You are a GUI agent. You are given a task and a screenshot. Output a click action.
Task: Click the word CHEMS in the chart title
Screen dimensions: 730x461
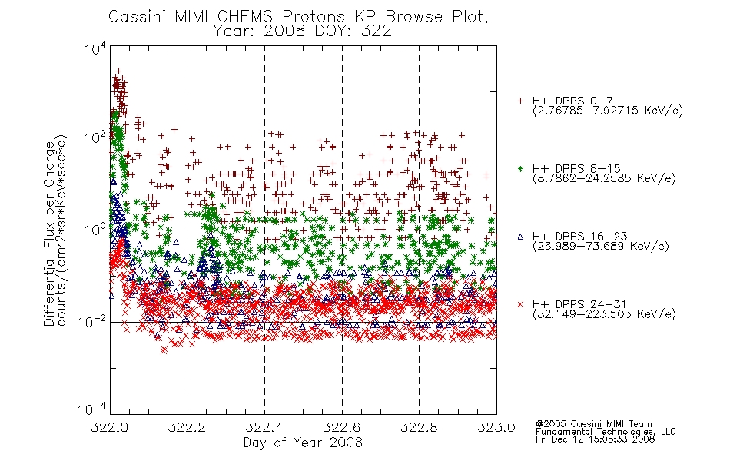click(x=246, y=17)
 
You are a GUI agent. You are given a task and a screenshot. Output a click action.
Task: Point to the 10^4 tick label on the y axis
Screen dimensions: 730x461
click(x=95, y=48)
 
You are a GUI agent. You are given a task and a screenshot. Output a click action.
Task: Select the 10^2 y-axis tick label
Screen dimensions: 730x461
click(x=95, y=138)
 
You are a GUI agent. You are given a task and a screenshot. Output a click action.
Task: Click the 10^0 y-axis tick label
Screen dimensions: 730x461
click(x=95, y=230)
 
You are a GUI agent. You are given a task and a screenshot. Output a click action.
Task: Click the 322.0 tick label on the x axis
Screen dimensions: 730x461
click(x=110, y=427)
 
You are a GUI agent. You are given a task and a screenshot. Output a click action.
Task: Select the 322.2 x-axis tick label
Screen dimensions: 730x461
click(x=187, y=427)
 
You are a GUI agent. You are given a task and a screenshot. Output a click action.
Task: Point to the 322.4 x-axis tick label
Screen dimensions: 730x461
click(x=264, y=427)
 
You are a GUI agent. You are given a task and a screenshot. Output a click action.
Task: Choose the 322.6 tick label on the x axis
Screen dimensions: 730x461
click(x=342, y=427)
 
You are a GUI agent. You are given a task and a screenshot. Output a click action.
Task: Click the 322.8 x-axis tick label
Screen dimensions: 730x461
click(x=419, y=427)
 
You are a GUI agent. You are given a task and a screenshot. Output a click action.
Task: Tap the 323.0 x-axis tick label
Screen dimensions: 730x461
click(x=496, y=427)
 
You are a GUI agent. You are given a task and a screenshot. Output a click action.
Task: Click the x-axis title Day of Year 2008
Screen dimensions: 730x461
click(x=303, y=443)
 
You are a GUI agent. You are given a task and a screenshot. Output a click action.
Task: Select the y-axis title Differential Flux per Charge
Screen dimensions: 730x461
click(x=49, y=234)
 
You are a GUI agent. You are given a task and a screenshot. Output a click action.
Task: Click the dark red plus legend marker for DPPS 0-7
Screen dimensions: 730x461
click(x=520, y=101)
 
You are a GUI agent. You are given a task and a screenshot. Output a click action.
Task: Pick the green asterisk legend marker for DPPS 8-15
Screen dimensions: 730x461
click(x=520, y=168)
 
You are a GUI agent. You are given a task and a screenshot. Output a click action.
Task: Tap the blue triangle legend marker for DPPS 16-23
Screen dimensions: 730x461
click(x=520, y=237)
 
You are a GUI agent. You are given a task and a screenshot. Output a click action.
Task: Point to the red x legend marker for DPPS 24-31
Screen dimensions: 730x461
click(x=520, y=304)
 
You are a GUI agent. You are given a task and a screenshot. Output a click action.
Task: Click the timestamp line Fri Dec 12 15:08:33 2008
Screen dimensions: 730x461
click(x=595, y=439)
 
